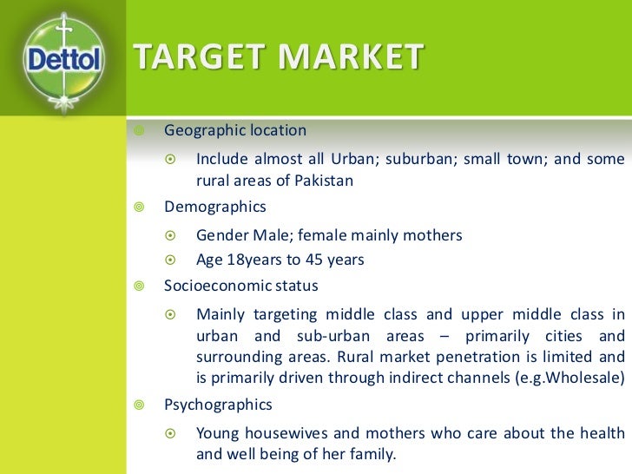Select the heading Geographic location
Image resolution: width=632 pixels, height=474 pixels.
235,130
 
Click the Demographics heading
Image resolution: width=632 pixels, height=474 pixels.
215,207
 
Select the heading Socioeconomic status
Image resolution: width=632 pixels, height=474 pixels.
241,286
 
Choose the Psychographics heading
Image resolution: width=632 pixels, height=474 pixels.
218,405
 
